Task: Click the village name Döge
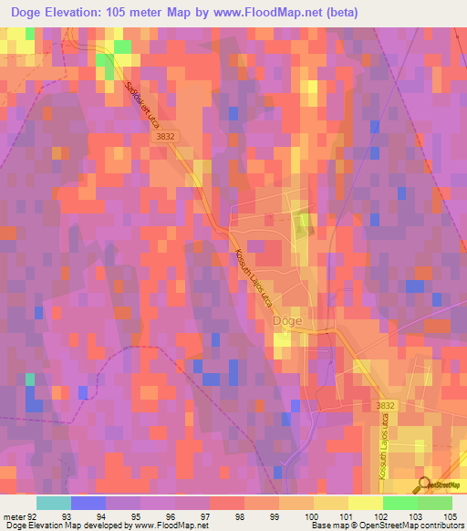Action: [x=289, y=321]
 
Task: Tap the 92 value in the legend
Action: [x=36, y=516]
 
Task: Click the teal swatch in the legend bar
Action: [x=53, y=503]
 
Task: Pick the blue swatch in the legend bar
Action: [x=88, y=503]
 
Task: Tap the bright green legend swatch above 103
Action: [x=400, y=503]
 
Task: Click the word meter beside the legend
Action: [x=14, y=516]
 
